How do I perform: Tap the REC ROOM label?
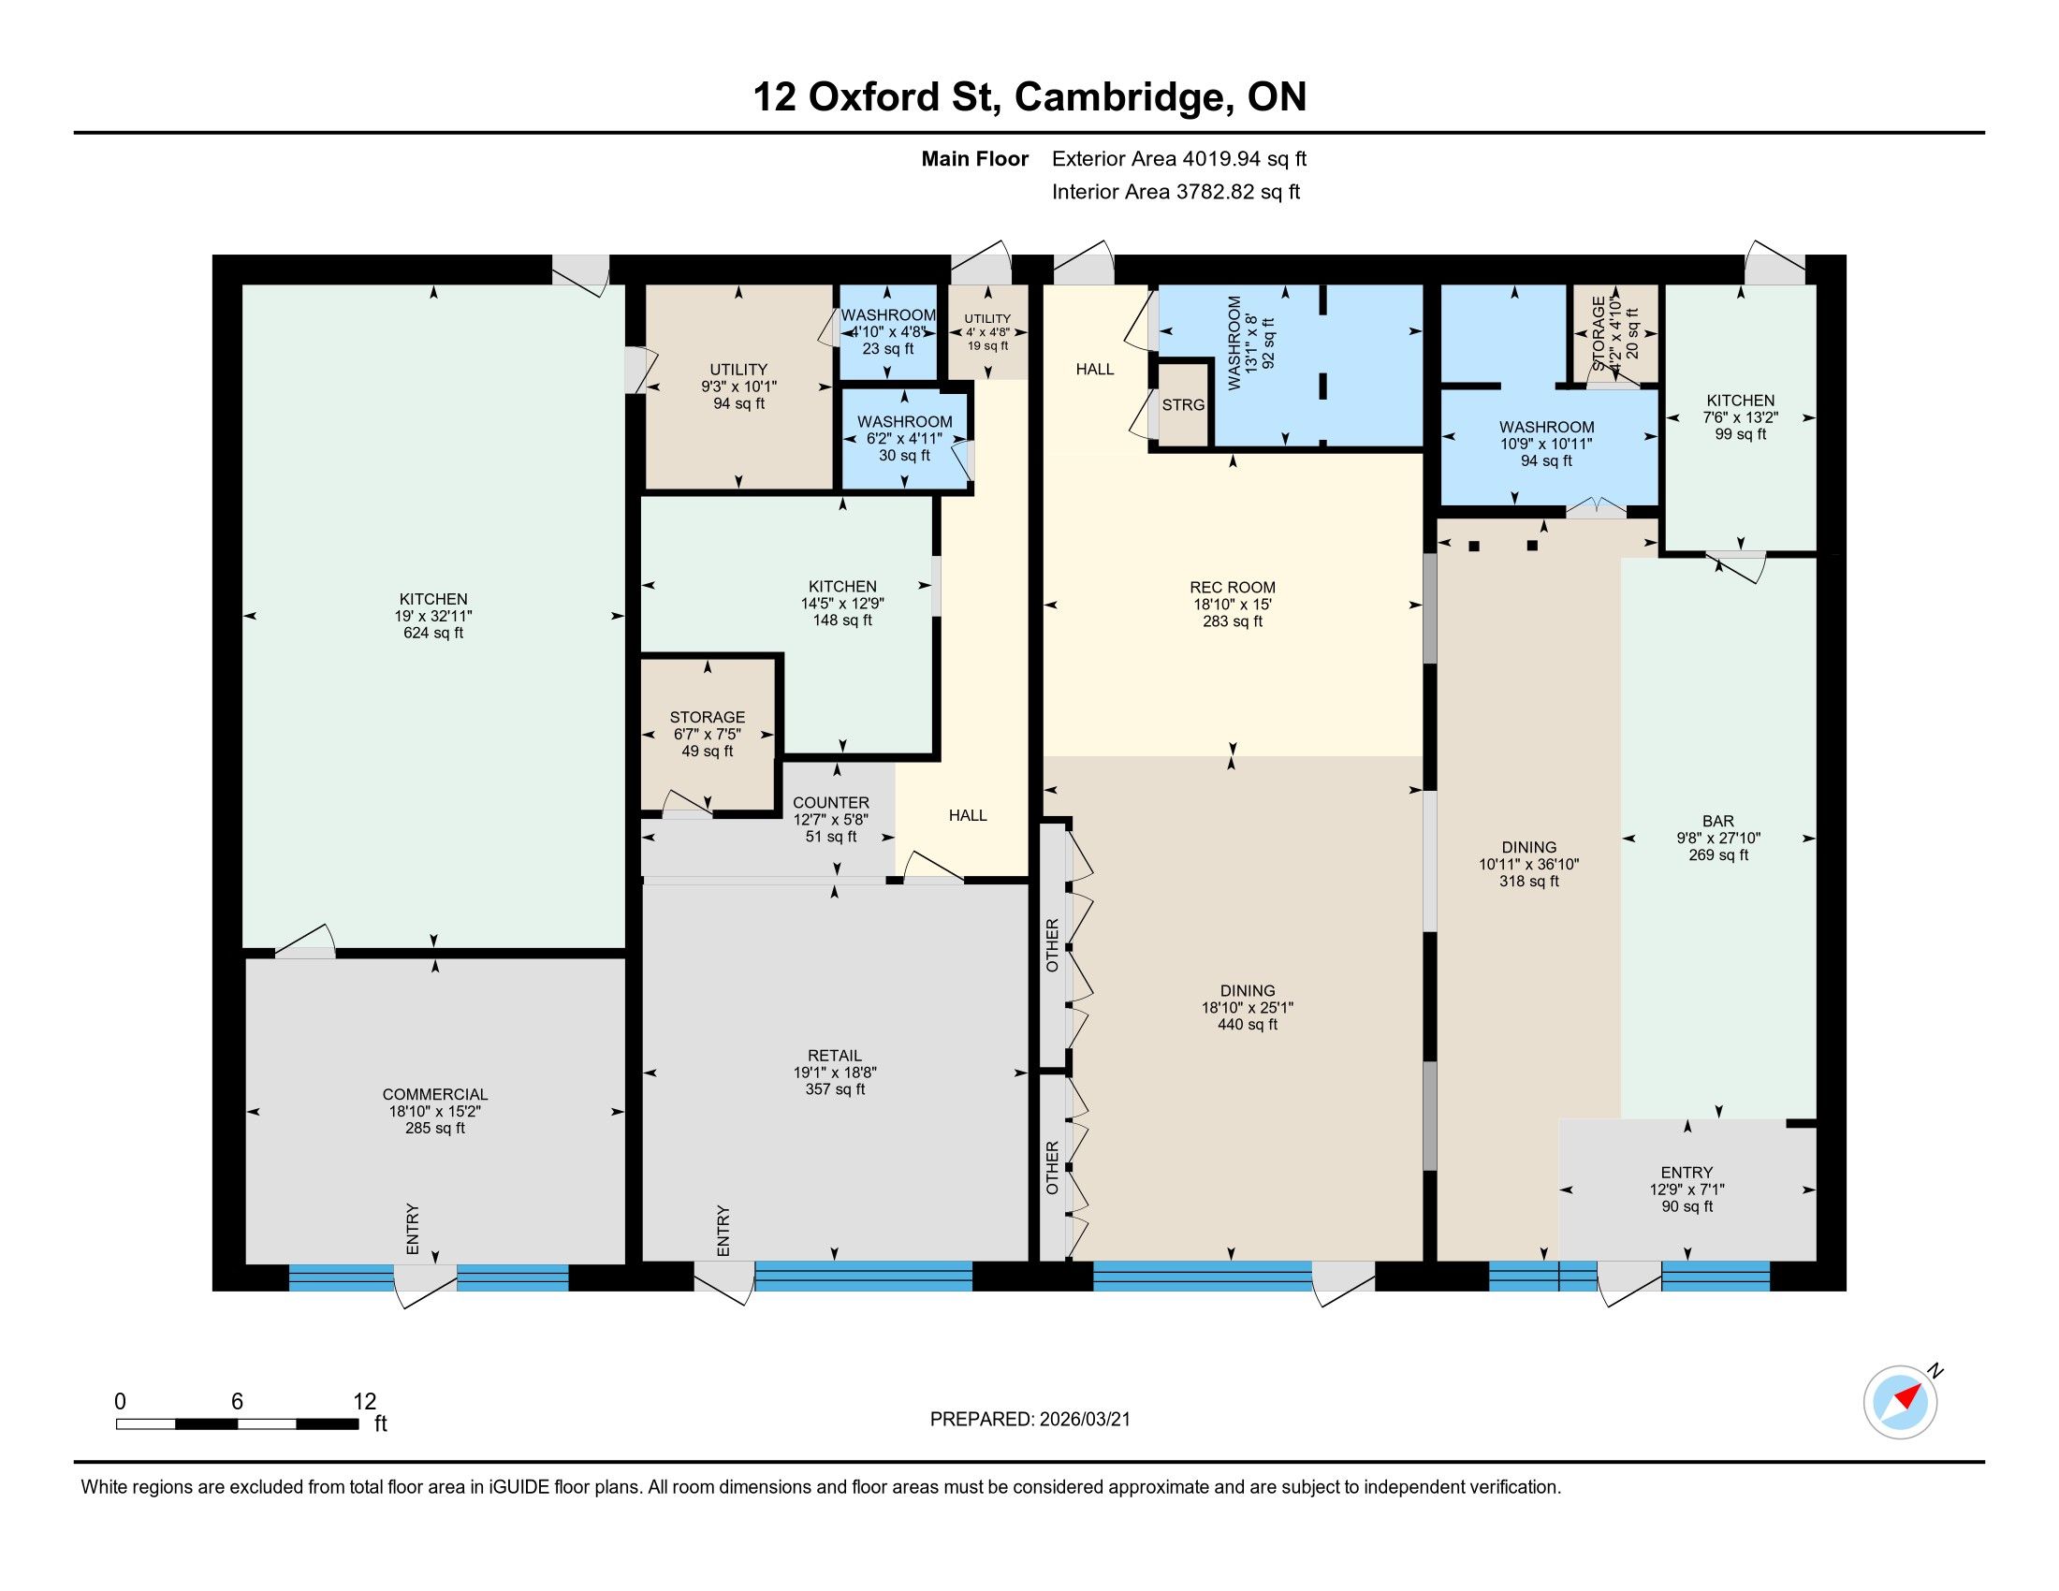(1233, 587)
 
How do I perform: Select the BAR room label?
(1718, 821)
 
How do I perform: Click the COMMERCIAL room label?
(434, 1094)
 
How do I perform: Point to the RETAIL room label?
(834, 1056)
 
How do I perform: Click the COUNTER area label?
(830, 803)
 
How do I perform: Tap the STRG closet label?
(1183, 405)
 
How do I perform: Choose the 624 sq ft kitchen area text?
(433, 633)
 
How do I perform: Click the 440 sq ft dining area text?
(1248, 1025)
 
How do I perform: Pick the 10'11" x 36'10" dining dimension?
(1529, 865)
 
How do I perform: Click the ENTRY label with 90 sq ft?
(1687, 1173)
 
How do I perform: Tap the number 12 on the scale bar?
(365, 1402)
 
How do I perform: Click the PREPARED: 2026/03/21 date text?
(1029, 1420)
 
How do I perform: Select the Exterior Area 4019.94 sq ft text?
(1179, 159)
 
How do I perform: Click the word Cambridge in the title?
(1121, 97)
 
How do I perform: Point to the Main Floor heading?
(975, 159)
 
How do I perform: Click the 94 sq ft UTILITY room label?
(738, 370)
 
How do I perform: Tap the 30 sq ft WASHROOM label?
(905, 421)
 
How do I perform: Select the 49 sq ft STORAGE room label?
(707, 717)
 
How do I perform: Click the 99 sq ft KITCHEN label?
(1741, 401)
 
